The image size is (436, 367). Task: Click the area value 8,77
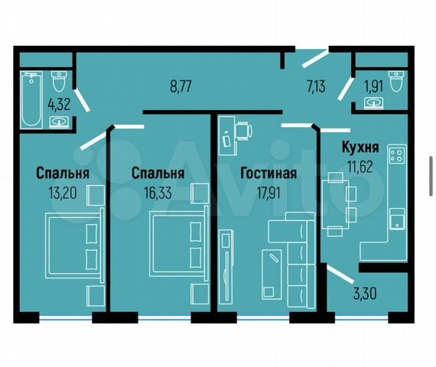[181, 86]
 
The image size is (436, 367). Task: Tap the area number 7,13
[316, 86]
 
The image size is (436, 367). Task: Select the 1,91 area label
[374, 86]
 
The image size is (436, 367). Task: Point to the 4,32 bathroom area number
[59, 105]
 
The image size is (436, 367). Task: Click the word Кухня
[360, 147]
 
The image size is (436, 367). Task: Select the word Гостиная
[268, 173]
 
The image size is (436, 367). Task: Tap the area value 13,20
[63, 193]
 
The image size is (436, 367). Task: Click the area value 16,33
[158, 193]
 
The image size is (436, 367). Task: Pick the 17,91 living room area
[268, 193]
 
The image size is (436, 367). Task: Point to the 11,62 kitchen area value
[360, 167]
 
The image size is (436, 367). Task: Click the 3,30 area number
[365, 294]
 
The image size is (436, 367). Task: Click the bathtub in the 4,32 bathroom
[31, 100]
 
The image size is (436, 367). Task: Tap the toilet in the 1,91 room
[396, 81]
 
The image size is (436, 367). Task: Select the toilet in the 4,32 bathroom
[59, 81]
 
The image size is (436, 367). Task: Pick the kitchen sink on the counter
[397, 219]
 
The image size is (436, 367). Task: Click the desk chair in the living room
[243, 131]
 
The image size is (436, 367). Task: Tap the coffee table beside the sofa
[272, 274]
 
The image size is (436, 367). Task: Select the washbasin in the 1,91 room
[374, 103]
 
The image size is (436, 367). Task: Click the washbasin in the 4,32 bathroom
[59, 122]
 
